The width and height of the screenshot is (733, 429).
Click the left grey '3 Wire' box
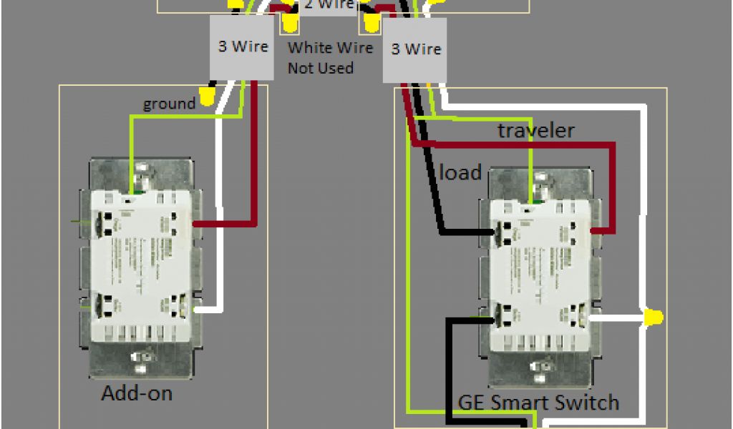pyautogui.click(x=242, y=47)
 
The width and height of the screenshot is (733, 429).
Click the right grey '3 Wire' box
pyautogui.click(x=415, y=49)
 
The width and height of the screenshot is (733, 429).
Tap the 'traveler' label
pyautogui.click(x=536, y=130)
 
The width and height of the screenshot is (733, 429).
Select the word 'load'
pyautogui.click(x=460, y=172)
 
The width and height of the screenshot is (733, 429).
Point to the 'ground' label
pyautogui.click(x=169, y=104)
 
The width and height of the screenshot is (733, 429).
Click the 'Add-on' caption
pyautogui.click(x=137, y=393)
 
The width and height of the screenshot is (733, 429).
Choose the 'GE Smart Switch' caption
pyautogui.click(x=538, y=402)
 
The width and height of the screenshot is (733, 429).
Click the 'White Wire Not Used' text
pyautogui.click(x=330, y=57)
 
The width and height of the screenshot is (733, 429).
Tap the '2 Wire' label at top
pyautogui.click(x=329, y=4)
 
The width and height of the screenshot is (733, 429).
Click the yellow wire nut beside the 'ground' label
pyautogui.click(x=208, y=96)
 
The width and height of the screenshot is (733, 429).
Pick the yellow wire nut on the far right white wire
pyautogui.click(x=653, y=317)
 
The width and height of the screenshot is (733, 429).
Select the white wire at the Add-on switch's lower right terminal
pyautogui.click(x=208, y=309)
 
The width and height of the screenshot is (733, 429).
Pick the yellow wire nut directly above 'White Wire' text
pyautogui.click(x=290, y=24)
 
